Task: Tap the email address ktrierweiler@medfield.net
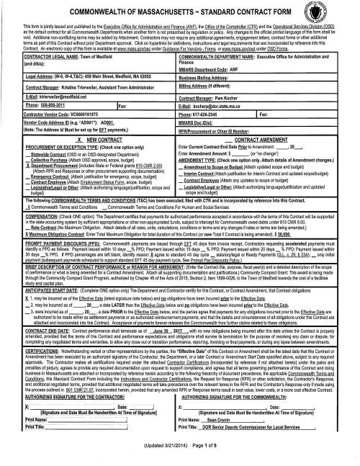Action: pyautogui.click(x=50, y=95)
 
